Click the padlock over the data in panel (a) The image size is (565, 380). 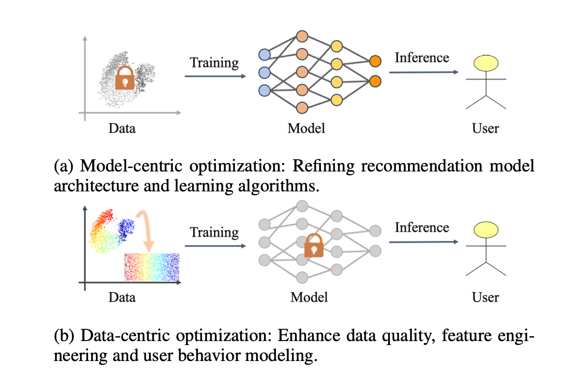(125, 78)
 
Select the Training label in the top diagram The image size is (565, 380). (214, 62)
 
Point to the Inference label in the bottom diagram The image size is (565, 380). (421, 228)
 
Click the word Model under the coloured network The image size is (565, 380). (306, 128)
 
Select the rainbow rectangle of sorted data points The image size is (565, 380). (151, 267)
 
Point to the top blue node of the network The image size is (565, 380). (264, 54)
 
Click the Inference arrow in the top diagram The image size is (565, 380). (423, 72)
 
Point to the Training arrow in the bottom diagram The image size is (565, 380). (215, 246)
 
